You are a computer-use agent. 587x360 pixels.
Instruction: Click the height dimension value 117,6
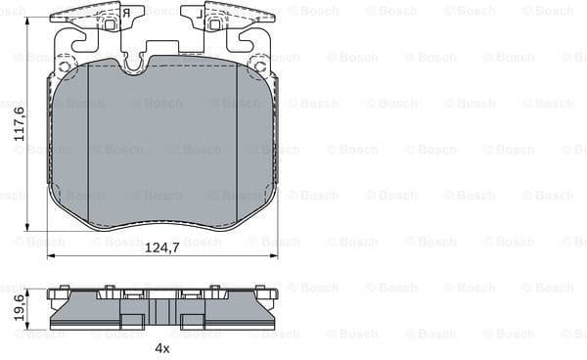[x=18, y=124]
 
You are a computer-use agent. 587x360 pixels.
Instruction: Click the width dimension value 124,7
[x=162, y=247]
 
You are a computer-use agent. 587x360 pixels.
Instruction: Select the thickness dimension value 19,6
[x=18, y=308]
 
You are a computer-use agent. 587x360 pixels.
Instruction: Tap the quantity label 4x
[x=162, y=347]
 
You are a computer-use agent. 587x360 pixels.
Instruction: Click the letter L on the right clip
[x=200, y=15]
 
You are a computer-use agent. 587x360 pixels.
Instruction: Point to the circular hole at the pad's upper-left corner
[x=65, y=67]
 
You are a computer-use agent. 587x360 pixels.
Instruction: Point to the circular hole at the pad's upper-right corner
[x=259, y=67]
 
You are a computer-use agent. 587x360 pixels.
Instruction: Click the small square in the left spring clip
[x=111, y=22]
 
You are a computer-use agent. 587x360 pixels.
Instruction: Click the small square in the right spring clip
[x=214, y=22]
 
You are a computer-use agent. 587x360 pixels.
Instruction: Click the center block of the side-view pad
[x=162, y=311]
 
